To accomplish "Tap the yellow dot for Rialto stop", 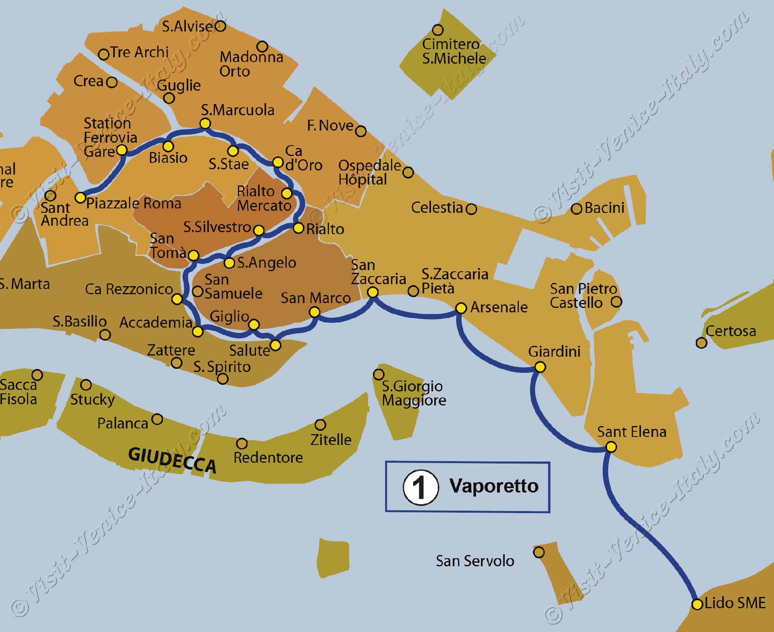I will (298, 229).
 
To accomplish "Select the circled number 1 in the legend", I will (420, 487).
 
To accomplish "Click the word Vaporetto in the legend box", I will (494, 486).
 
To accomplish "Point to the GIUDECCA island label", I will (172, 460).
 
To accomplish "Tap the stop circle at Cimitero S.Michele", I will (438, 30).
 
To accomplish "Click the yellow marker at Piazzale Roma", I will (81, 197).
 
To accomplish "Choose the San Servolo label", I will (475, 561).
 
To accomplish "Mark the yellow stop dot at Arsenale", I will (461, 308).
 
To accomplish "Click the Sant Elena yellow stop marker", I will (611, 447).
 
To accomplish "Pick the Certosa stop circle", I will (701, 343).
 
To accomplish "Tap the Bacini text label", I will (604, 208).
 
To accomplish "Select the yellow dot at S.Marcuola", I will (205, 123).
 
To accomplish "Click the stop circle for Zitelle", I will (320, 424).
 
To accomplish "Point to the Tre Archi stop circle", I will (104, 54).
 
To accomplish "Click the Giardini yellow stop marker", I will (540, 367).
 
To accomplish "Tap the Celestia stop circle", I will (471, 209).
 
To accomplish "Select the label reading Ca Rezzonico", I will (129, 289).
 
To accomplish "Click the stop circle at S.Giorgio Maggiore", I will (378, 374).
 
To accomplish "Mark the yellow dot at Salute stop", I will (275, 345).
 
